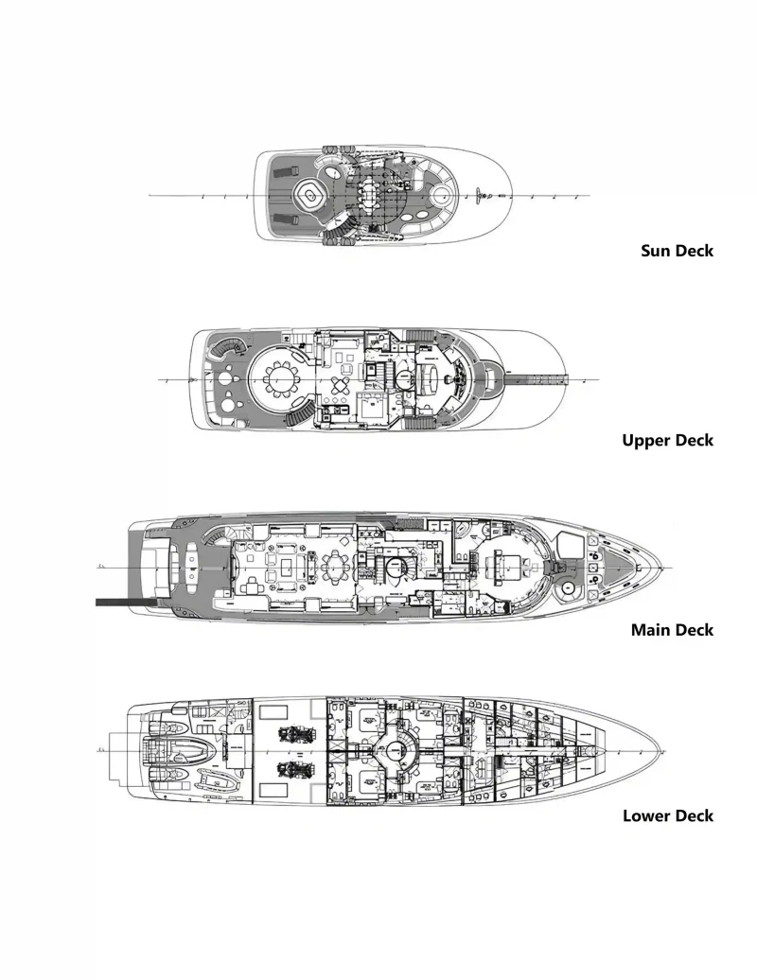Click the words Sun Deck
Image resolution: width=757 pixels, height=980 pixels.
pyautogui.click(x=677, y=251)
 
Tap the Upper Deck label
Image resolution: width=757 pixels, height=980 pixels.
pyautogui.click(x=667, y=440)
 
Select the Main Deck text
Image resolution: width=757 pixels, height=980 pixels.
pyautogui.click(x=672, y=629)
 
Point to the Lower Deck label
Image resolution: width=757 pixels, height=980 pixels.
pyautogui.click(x=668, y=815)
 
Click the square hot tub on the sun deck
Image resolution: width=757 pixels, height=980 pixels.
pyautogui.click(x=308, y=195)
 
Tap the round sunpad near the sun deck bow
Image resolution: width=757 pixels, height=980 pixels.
pyautogui.click(x=441, y=197)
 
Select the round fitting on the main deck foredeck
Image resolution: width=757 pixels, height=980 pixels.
pyautogui.click(x=568, y=587)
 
